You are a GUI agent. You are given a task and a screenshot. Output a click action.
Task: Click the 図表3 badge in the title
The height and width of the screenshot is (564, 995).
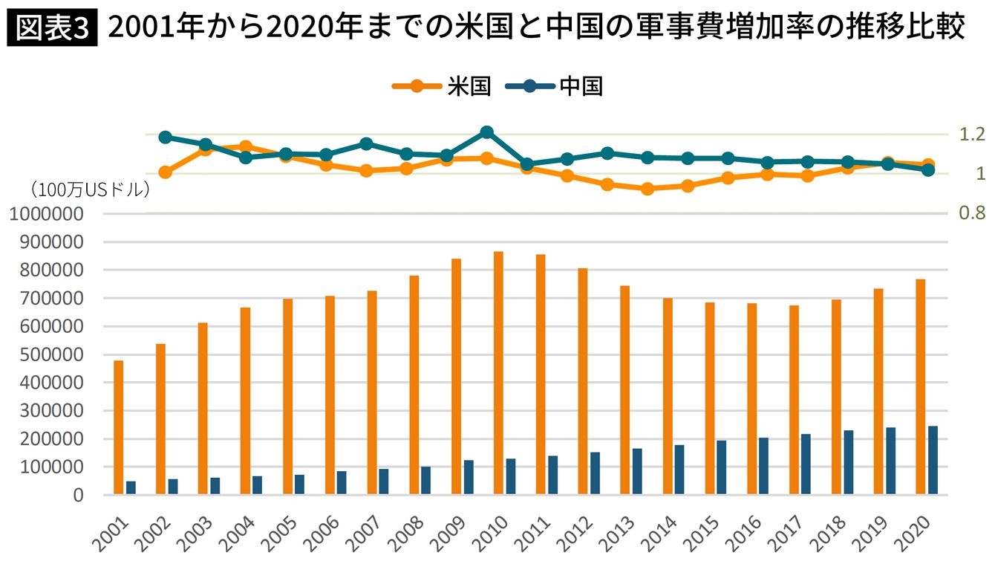(x=52, y=28)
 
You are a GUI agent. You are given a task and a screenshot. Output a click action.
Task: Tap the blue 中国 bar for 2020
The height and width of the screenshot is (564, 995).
(x=933, y=460)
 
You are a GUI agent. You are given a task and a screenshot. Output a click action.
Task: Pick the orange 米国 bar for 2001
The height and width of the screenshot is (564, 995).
(x=118, y=427)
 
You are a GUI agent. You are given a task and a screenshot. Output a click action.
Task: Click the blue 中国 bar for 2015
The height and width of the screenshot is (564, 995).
(x=721, y=467)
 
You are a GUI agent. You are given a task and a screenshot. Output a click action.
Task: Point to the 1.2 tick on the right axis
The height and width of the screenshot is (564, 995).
(x=970, y=134)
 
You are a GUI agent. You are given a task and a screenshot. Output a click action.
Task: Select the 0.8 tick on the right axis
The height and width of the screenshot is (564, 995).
(x=970, y=213)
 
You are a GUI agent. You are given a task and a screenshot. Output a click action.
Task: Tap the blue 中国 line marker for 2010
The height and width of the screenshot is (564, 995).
(x=487, y=132)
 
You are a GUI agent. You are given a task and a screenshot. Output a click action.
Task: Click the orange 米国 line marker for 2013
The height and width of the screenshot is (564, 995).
(x=647, y=189)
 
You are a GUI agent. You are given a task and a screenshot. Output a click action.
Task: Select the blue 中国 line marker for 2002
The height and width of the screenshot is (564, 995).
(x=166, y=137)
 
